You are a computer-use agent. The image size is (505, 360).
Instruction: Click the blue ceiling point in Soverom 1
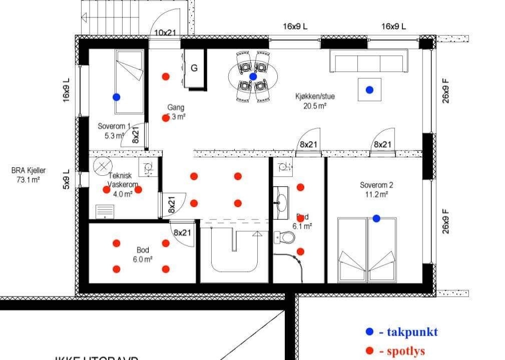click(x=116, y=97)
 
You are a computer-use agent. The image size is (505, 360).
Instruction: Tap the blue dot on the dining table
click(x=253, y=77)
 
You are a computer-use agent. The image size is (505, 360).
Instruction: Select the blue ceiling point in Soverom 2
click(x=376, y=218)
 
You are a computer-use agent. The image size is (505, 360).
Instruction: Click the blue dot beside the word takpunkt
click(x=369, y=331)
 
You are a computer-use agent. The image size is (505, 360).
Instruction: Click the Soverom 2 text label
click(x=376, y=185)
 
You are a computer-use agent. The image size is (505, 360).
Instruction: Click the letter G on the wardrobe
click(x=195, y=68)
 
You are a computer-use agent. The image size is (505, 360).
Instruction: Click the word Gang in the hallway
click(x=176, y=107)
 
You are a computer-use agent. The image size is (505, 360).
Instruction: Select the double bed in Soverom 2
click(x=366, y=249)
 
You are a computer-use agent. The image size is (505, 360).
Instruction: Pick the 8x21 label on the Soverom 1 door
click(x=136, y=135)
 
